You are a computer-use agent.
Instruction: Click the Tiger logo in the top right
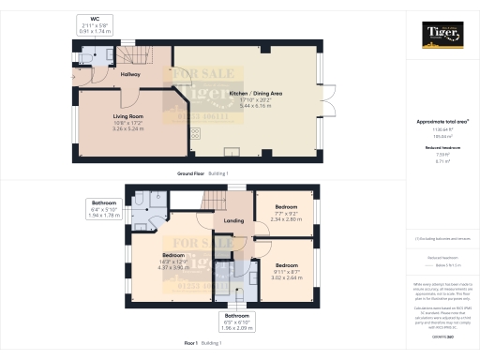click(x=442, y=37)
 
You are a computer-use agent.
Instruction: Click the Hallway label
click(x=130, y=73)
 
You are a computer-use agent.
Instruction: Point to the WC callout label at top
click(x=94, y=18)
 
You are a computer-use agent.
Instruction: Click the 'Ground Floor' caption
click(x=192, y=174)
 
